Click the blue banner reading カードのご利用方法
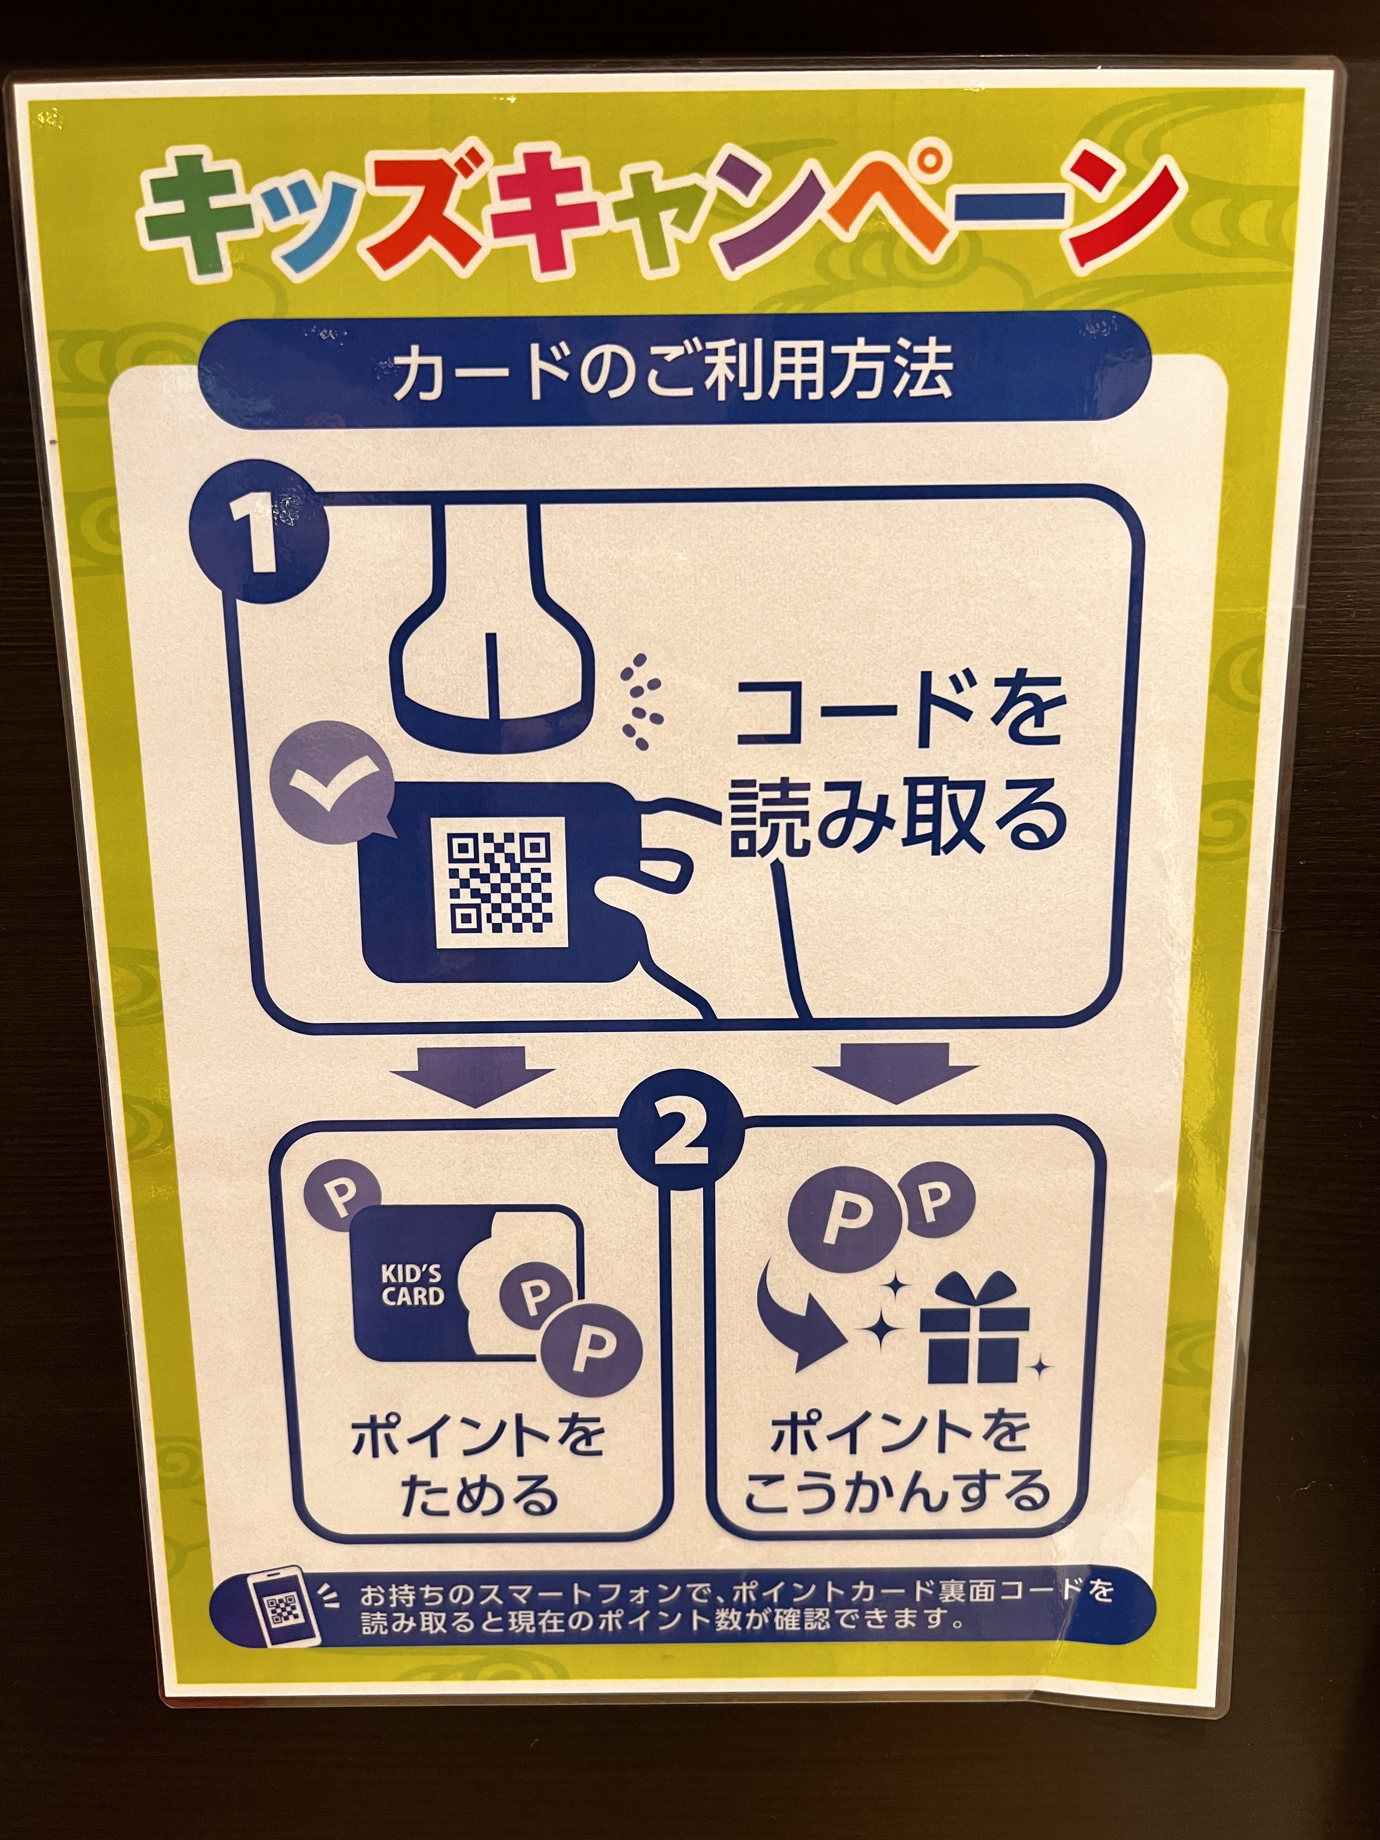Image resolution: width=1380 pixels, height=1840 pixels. click(674, 371)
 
